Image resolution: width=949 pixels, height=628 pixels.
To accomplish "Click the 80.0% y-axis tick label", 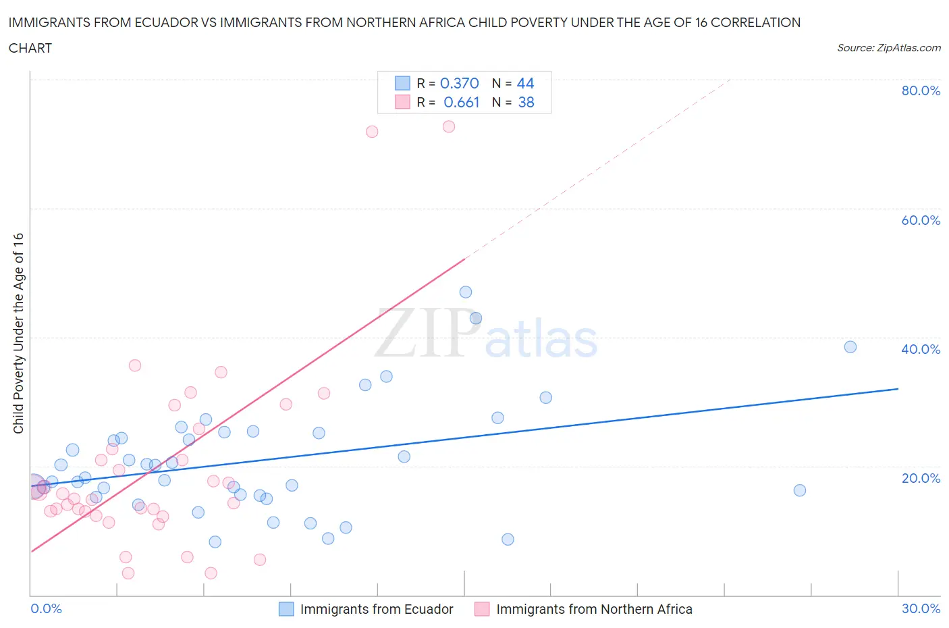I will point(921,90).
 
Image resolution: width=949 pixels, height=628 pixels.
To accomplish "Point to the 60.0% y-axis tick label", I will point(921,220).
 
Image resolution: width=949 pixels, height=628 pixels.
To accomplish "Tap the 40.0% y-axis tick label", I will point(921,349).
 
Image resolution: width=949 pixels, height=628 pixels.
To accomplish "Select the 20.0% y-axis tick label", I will point(921,478).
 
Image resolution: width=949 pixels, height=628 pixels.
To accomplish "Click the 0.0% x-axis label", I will point(46,608).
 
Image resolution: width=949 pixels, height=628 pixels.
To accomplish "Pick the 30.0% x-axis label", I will point(921,608).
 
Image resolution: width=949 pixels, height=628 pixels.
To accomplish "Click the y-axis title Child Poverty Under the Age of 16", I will point(18,333).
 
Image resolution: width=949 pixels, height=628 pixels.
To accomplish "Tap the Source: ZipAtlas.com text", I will point(888,48).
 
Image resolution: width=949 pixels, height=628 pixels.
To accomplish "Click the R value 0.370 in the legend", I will point(459,83).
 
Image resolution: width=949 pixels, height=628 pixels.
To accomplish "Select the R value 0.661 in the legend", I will point(461,102).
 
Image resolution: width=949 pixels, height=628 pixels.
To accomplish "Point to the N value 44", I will point(525,83).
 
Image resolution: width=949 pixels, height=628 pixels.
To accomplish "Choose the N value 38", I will point(526,102).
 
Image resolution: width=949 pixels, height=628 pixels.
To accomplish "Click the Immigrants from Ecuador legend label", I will point(376,609).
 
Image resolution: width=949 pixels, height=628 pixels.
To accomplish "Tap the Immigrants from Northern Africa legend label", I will point(594,609).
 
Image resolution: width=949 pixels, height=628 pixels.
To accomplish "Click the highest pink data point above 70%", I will point(449,126).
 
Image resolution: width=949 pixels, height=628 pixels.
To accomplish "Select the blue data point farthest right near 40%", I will point(850,347).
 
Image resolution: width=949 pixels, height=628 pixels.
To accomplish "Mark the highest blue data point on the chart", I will point(466,292).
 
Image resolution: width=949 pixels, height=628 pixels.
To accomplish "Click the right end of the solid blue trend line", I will point(898,389).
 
